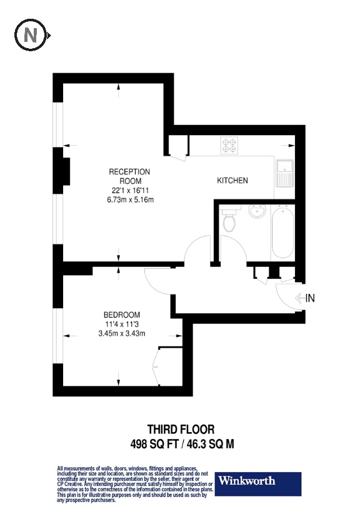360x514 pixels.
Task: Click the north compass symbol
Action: point(30,36)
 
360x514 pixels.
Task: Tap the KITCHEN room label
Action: point(232,181)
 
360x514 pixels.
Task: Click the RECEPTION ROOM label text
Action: point(129,176)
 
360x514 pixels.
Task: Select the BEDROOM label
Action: point(122,315)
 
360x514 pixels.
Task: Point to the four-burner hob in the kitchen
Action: point(229,146)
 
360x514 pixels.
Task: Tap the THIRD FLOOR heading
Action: point(181,430)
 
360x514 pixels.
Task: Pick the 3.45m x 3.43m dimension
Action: point(122,333)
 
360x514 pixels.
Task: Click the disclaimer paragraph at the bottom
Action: point(134,484)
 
